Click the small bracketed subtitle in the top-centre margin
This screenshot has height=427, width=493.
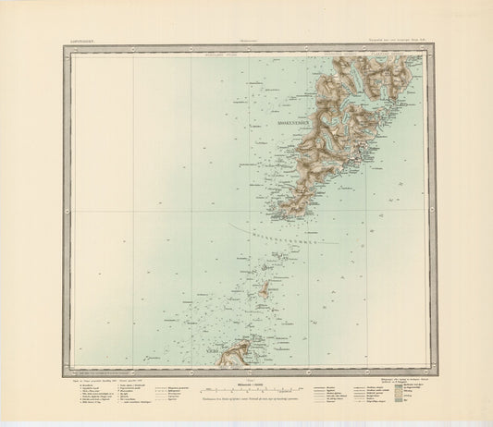(246, 40)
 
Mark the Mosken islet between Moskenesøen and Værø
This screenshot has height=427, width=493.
(263, 289)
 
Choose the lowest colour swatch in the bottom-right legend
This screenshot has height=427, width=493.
(403, 403)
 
